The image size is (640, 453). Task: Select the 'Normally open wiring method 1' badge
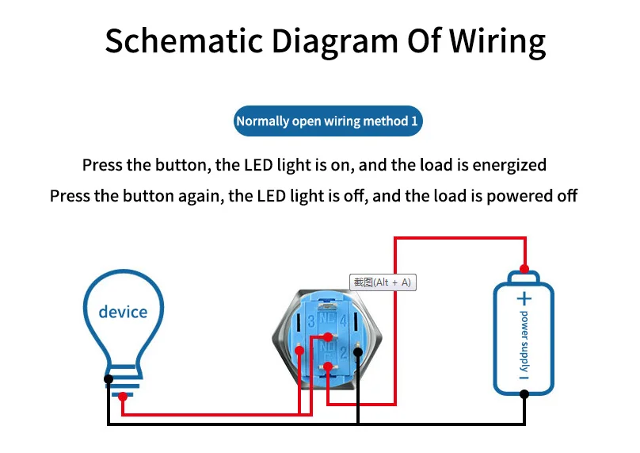326,121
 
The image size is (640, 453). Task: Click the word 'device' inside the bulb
123,312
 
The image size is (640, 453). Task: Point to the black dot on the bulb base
108,378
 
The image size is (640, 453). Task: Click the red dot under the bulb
122,397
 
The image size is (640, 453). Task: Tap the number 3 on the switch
311,321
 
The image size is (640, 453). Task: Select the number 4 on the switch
344,321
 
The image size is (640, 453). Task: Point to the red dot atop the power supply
523,268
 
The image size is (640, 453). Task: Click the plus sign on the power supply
524,298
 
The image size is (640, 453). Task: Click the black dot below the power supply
524,403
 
